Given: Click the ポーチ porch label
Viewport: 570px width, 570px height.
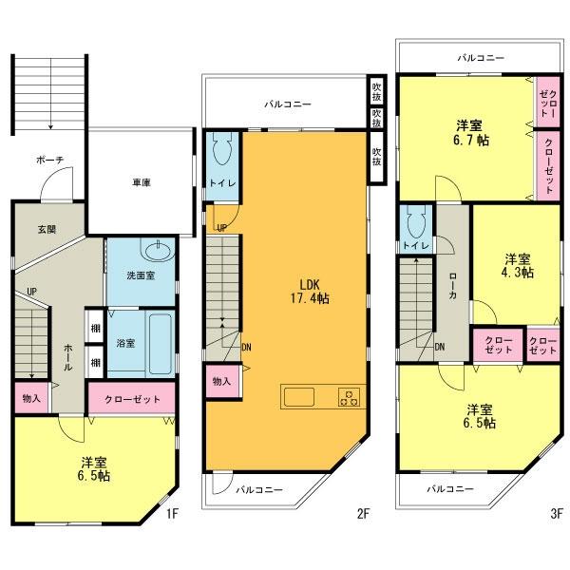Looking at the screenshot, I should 48,161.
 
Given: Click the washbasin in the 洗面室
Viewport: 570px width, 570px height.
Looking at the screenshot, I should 154,252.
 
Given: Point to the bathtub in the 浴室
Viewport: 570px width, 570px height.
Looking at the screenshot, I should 161,339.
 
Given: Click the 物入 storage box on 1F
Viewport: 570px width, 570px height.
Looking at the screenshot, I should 28,397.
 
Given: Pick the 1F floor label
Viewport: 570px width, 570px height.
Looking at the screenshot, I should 172,513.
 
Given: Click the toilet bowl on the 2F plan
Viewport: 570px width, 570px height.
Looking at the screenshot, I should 222,152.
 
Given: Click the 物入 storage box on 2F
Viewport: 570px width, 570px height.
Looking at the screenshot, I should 221,381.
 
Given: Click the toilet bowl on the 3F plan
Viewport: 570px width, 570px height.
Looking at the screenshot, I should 413,223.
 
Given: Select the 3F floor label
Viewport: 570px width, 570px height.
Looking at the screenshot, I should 556,513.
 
